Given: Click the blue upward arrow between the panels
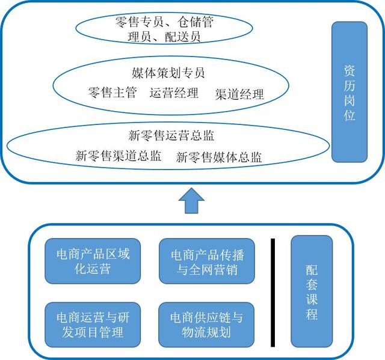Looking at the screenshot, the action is (191, 201).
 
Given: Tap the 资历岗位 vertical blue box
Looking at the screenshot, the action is (350, 92).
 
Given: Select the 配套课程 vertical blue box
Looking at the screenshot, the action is (312, 291).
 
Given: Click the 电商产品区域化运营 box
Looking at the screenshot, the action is (93, 261).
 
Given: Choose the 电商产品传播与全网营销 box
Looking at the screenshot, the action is (207, 261).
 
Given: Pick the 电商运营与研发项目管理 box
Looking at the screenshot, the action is (93, 325).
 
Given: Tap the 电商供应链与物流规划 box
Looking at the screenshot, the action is (206, 325).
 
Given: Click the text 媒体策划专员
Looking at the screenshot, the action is (168, 73).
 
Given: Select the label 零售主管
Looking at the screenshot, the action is (112, 93).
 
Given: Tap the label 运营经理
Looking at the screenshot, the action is (174, 93).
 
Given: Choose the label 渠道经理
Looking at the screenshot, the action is (239, 94).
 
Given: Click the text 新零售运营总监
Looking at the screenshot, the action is (171, 135).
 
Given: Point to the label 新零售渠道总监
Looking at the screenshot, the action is (118, 156).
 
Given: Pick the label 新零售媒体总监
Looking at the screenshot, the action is (219, 157).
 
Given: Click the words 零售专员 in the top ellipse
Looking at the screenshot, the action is (140, 22).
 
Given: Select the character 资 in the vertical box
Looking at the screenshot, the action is (350, 71).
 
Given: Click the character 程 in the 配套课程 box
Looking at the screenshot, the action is (312, 314).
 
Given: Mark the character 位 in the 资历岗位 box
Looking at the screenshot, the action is (350, 115).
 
